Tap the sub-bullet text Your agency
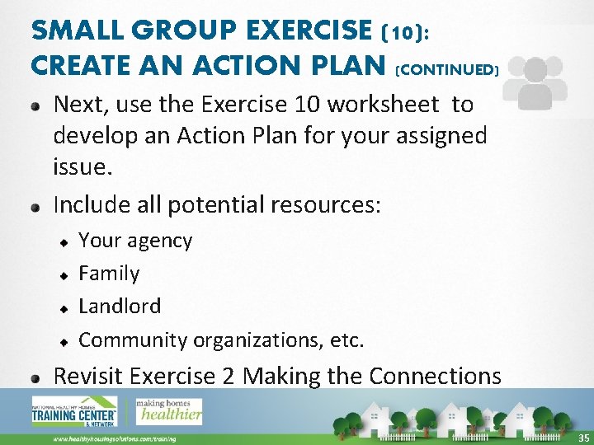(135, 241)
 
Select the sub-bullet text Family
(109, 273)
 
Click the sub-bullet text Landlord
(120, 306)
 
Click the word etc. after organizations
(346, 340)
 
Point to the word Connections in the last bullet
(435, 376)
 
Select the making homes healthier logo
(169, 410)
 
